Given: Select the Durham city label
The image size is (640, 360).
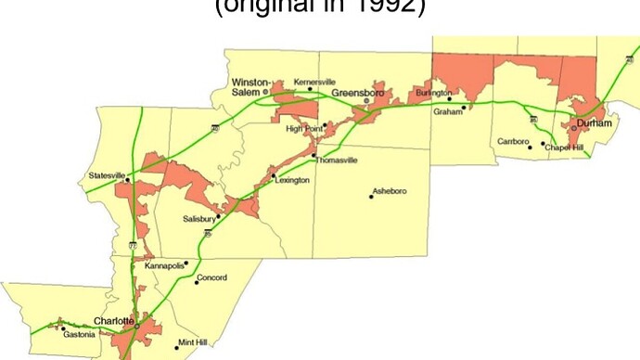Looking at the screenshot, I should [x=594, y=122].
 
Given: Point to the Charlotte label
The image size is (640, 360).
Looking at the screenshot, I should [x=115, y=321].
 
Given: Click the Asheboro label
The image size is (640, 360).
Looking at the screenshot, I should [x=389, y=191].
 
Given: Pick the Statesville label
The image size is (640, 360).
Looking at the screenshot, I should [x=105, y=174].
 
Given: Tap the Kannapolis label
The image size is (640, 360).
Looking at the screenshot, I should [x=165, y=266].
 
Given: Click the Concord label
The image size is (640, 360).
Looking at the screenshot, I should [x=212, y=276].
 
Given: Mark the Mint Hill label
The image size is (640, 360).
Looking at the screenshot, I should [x=194, y=341].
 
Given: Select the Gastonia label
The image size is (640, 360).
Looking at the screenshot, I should [x=80, y=335].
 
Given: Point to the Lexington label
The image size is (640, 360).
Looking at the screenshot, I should [x=292, y=180].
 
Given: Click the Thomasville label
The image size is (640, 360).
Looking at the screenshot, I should [x=336, y=160].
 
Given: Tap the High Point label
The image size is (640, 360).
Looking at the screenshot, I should [x=302, y=128].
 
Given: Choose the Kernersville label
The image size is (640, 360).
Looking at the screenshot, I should [x=314, y=82].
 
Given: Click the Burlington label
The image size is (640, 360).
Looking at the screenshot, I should [x=434, y=94].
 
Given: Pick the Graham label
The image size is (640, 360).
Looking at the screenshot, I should [x=448, y=111].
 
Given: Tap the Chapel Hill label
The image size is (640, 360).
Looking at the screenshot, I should [x=564, y=148].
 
